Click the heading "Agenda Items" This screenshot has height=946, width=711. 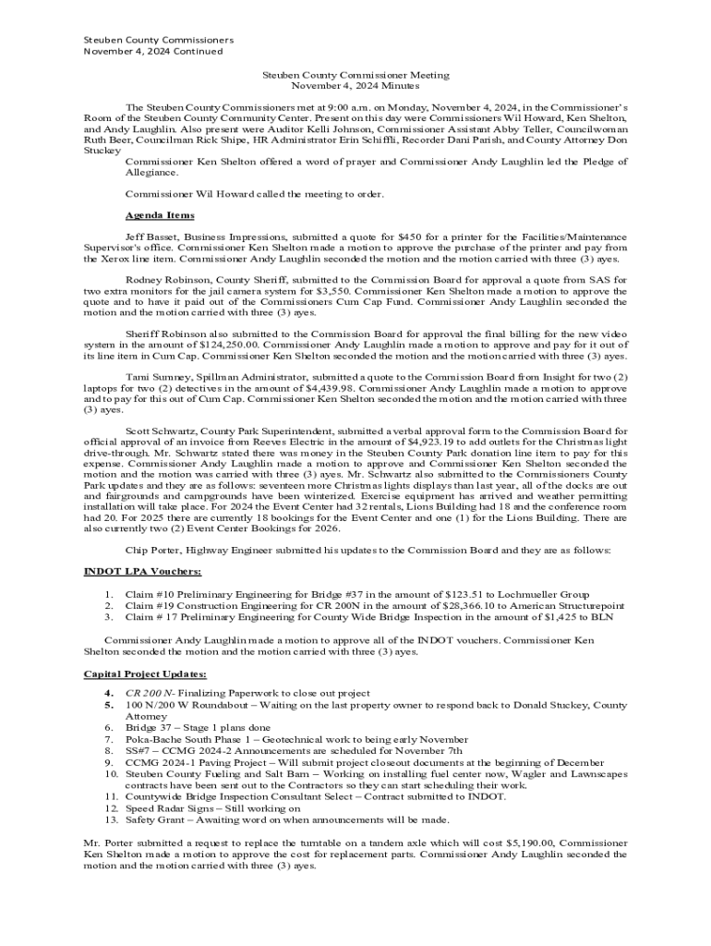(x=160, y=215)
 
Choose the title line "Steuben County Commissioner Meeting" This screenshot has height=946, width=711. (x=355, y=75)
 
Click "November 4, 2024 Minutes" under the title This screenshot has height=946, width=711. (x=355, y=86)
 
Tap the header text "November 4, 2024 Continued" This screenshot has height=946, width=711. (x=153, y=52)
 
